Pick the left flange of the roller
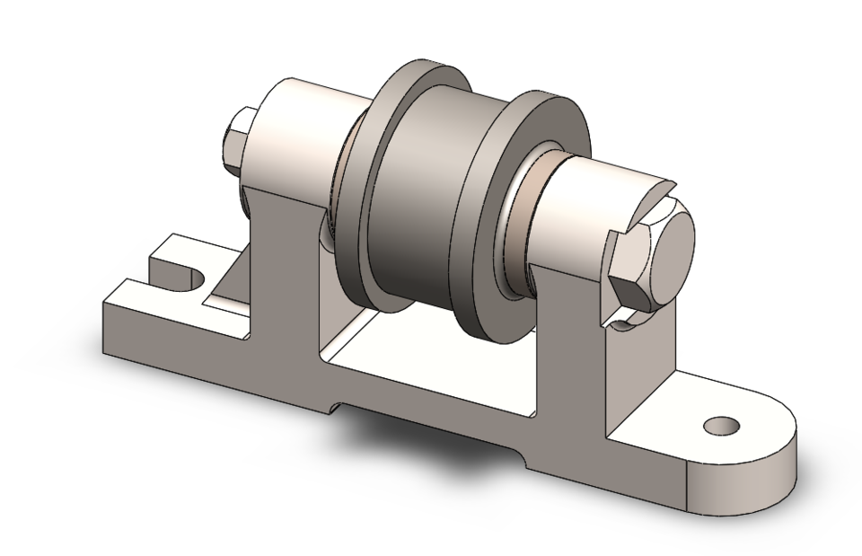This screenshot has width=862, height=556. click(377, 189)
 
